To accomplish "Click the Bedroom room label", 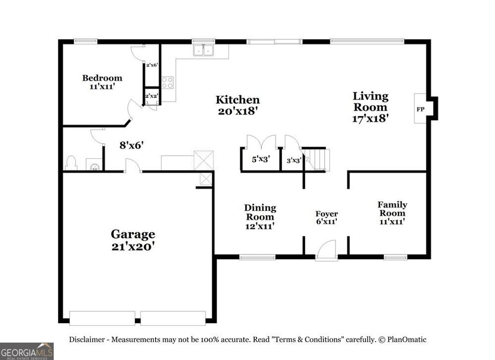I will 102,78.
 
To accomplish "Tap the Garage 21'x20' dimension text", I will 133,246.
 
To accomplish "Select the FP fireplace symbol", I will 421,109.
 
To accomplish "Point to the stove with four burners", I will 167,83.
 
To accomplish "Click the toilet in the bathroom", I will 71,163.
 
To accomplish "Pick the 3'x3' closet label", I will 294,160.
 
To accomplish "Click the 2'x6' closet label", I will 152,65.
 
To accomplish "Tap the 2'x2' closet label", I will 152,96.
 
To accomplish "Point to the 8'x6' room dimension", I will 131,144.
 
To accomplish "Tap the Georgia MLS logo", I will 27,351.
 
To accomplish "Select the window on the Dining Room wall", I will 257,257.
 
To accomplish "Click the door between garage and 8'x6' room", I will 132,167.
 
